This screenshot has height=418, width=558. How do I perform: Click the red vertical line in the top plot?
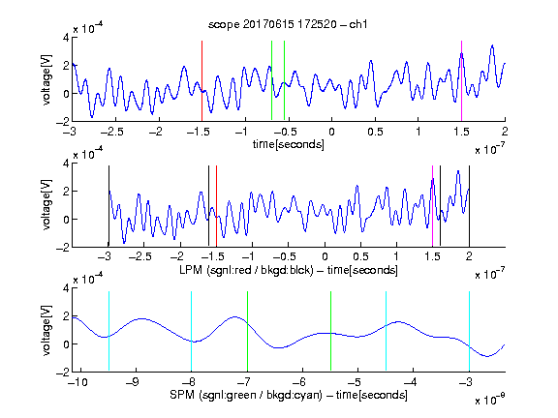tap(201, 81)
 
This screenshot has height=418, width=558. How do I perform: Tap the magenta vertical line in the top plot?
tap(461, 81)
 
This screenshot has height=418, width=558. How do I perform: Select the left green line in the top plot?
tap(271, 81)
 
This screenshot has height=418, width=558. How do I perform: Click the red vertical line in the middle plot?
tap(216, 206)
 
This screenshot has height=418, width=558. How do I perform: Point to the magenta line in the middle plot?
tap(432, 206)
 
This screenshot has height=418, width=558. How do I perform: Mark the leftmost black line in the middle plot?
tap(108, 206)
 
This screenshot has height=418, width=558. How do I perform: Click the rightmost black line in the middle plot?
tap(469, 206)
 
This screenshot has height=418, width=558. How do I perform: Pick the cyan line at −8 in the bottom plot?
tap(192, 331)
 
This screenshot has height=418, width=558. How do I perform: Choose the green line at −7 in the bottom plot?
tap(247, 331)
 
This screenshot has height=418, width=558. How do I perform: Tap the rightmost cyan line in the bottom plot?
tap(469, 331)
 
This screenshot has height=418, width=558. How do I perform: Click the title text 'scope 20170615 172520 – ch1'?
tap(288, 24)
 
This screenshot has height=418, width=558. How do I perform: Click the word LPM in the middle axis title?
tap(192, 270)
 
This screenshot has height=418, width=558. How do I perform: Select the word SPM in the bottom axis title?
tap(182, 395)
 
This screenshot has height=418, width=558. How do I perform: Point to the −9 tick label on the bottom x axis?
tap(133, 382)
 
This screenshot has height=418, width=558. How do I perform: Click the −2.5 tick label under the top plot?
tap(111, 132)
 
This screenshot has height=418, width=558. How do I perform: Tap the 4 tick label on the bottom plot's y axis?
tap(66, 288)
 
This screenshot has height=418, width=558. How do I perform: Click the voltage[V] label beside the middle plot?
tap(46, 205)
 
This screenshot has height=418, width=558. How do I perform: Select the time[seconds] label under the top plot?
tap(289, 144)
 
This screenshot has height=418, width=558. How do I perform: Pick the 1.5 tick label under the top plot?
tap(461, 132)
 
